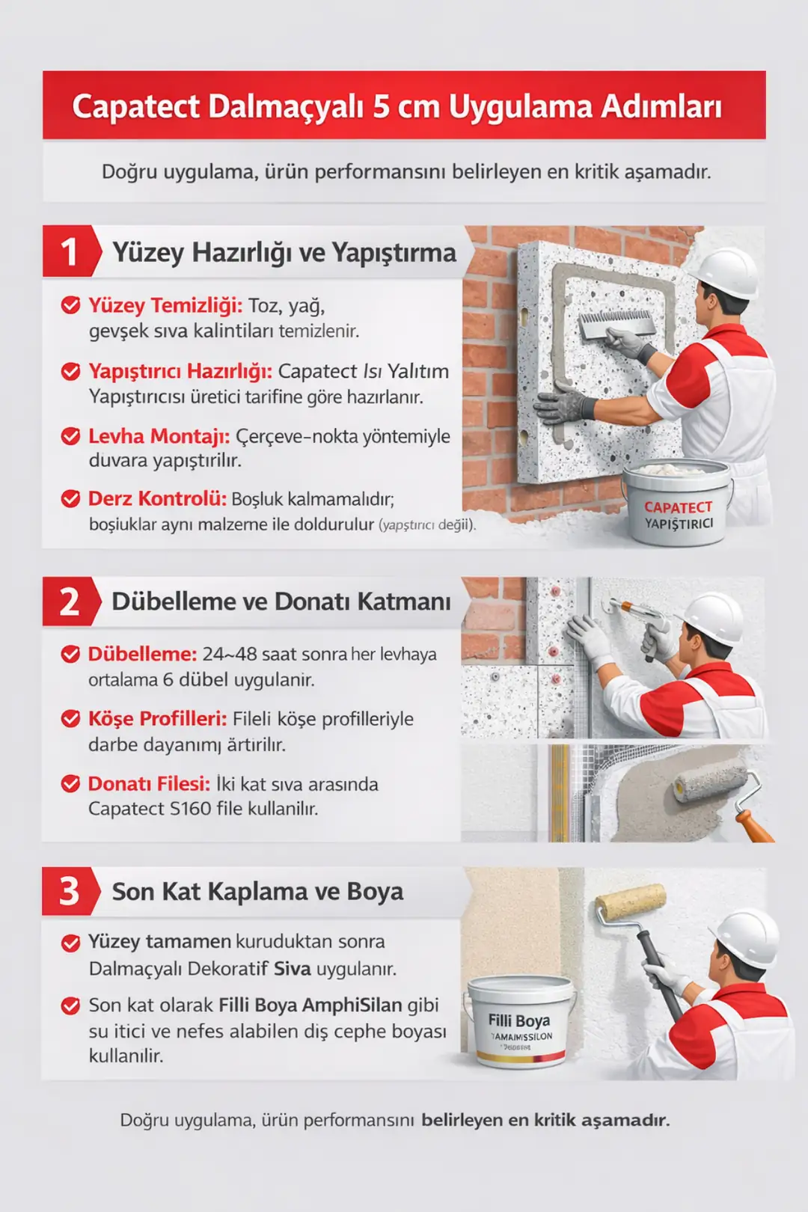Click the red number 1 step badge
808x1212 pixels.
point(69,252)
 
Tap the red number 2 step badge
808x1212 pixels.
point(69,602)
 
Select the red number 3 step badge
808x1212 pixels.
point(69,891)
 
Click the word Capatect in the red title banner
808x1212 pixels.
point(135,106)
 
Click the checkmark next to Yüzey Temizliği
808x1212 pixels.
point(70,305)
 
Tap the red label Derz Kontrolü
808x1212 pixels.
point(156,498)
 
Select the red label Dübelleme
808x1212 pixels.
point(142,654)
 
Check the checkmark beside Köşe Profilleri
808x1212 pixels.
point(70,719)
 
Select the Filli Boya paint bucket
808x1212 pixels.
point(520,1021)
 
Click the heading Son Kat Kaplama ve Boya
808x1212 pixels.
point(257,892)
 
